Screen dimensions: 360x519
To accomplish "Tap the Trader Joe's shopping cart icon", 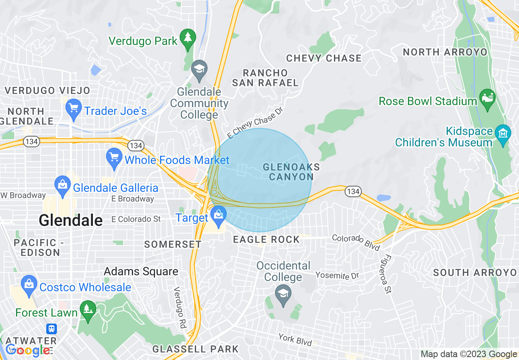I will pyautogui.click(x=74, y=109).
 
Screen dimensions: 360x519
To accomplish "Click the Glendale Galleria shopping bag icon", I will pyautogui.click(x=63, y=186).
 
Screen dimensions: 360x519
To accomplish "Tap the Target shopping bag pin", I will pyautogui.click(x=218, y=215).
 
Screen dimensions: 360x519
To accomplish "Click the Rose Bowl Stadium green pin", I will pyautogui.click(x=487, y=99).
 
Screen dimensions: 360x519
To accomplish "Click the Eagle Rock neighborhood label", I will pyautogui.click(x=266, y=240).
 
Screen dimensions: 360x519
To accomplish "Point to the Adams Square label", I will pyautogui.click(x=141, y=271).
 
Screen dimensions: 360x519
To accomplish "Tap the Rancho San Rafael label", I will pyautogui.click(x=265, y=78).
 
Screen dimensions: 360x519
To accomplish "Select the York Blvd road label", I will pyautogui.click(x=295, y=340).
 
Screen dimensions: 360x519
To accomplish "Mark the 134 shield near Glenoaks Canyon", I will pyautogui.click(x=352, y=191).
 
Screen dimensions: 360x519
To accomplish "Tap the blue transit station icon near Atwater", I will pyautogui.click(x=52, y=328).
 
